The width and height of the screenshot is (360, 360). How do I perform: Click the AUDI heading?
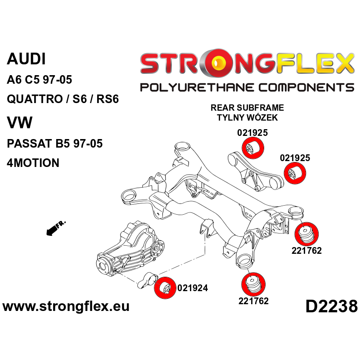point(26,59)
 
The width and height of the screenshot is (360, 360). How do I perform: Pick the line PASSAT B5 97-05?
point(55,144)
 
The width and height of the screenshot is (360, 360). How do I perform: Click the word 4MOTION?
point(33,163)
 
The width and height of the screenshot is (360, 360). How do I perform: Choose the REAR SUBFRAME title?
point(247,108)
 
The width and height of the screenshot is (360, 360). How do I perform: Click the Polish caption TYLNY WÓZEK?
point(247,118)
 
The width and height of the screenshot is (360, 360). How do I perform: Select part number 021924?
point(193,288)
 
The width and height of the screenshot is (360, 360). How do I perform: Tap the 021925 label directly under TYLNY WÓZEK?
point(252,133)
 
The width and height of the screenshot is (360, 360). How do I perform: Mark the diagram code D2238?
point(331,307)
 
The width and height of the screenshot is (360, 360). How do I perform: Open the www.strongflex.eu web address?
point(66,307)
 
